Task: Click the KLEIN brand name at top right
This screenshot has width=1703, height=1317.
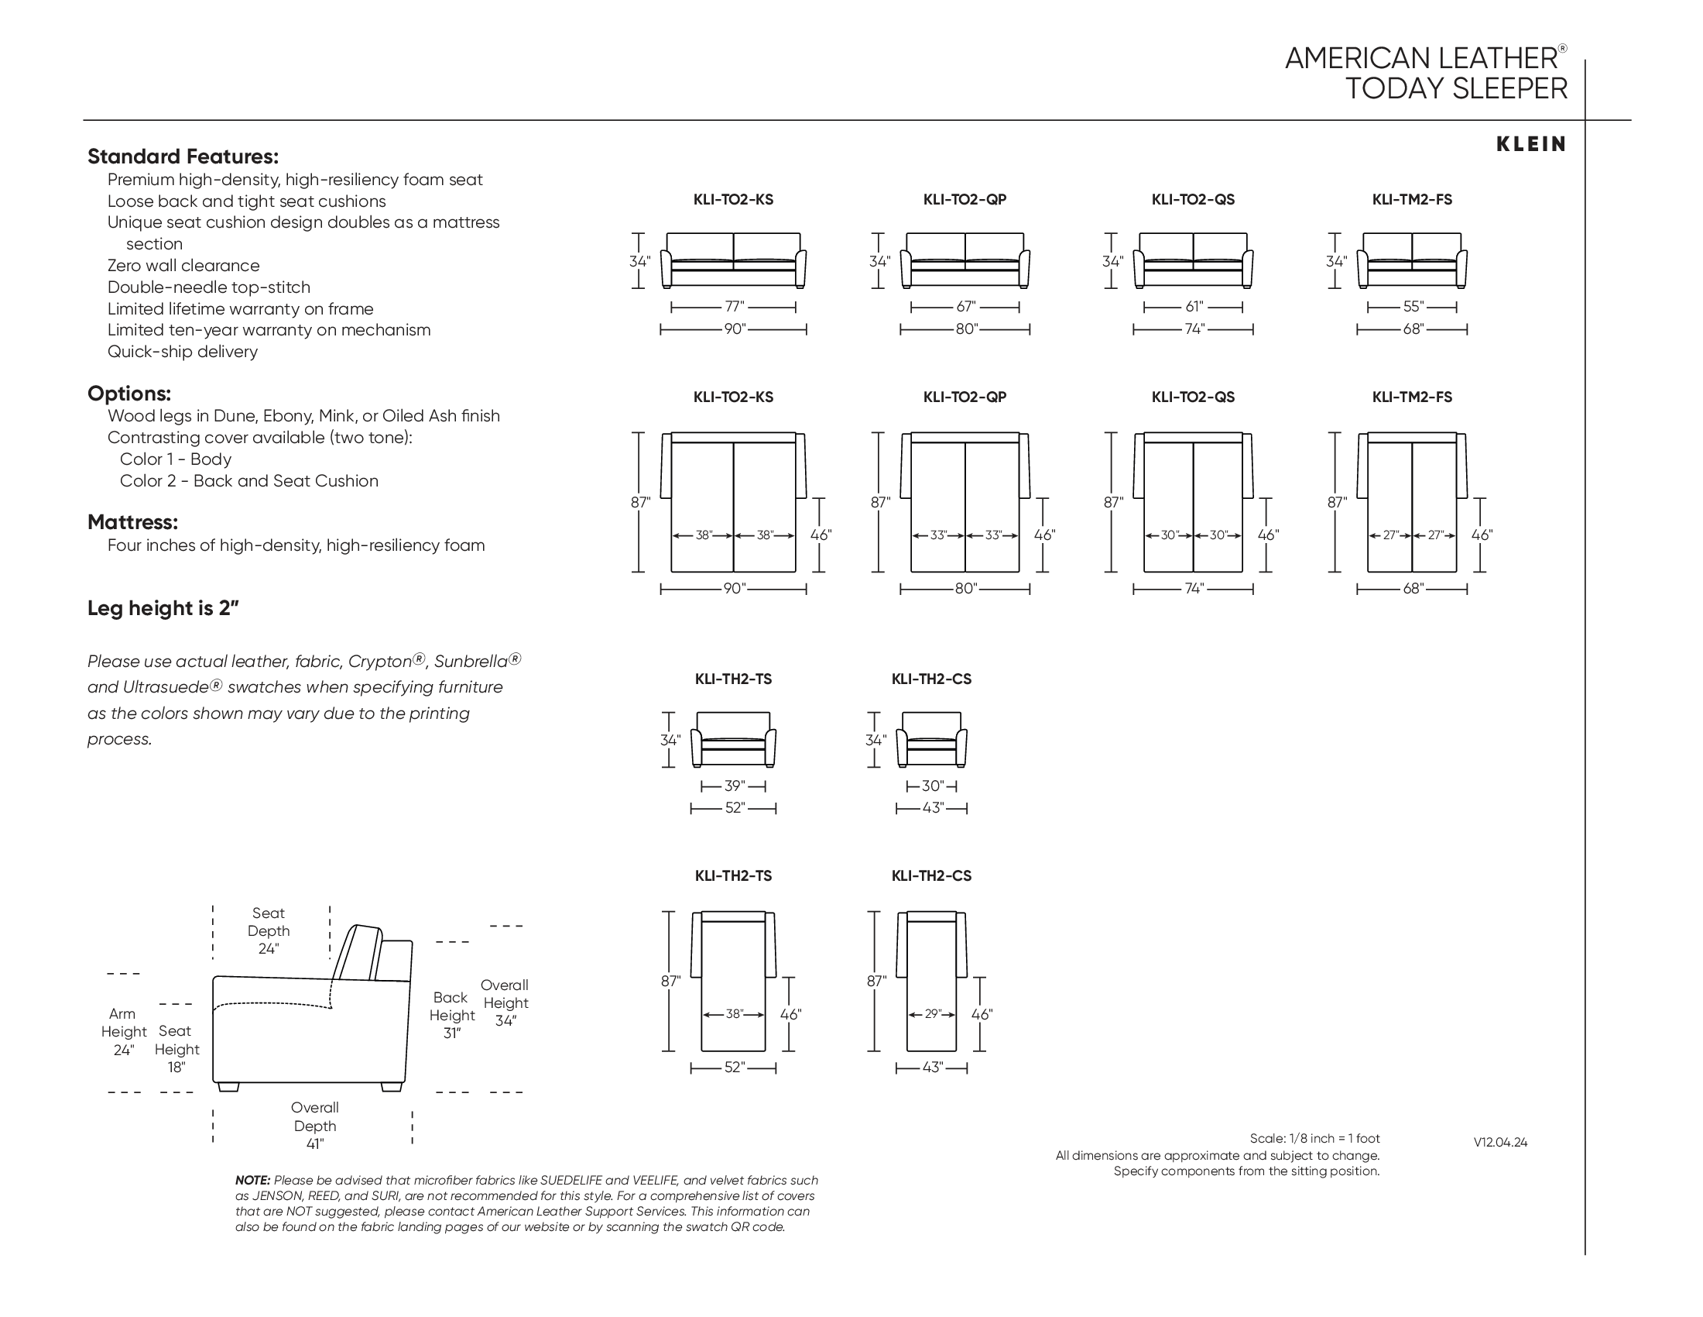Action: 1530,144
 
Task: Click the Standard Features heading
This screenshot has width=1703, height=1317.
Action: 183,156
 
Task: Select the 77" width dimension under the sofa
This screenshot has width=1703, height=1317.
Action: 734,308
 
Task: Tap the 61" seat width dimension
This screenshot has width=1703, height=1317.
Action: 1194,308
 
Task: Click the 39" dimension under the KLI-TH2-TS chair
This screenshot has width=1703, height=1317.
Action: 734,786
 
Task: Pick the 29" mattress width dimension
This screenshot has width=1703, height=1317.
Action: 933,1014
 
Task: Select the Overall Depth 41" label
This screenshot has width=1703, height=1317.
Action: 315,1125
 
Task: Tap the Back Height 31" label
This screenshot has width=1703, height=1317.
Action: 452,1015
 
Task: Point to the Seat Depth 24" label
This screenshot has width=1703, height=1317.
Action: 269,930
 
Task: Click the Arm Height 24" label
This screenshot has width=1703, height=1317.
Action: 123,1031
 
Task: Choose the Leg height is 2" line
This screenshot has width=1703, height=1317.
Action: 163,609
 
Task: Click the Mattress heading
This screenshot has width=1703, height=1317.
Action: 132,522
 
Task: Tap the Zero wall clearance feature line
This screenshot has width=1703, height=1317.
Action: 183,266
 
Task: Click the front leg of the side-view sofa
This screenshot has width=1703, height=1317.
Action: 227,1087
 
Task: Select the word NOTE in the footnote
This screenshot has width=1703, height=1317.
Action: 252,1181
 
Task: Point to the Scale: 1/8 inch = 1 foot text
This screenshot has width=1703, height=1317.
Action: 1314,1138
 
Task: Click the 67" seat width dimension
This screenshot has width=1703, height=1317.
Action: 965,308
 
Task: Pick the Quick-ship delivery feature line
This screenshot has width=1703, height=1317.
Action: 183,352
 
